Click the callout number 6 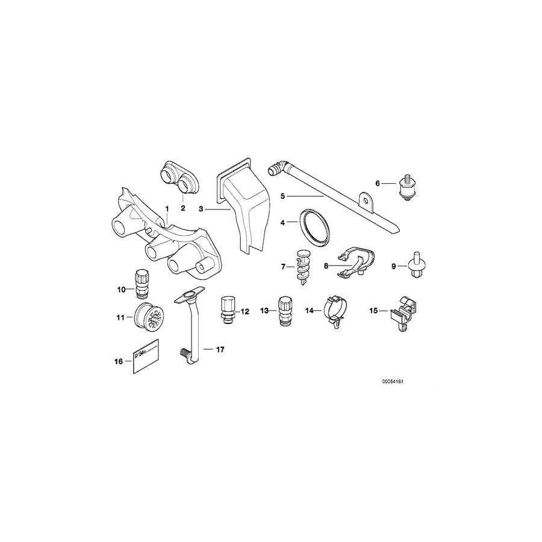coord(378,182)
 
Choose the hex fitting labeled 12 coord(228,308)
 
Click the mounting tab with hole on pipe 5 coord(365,199)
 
